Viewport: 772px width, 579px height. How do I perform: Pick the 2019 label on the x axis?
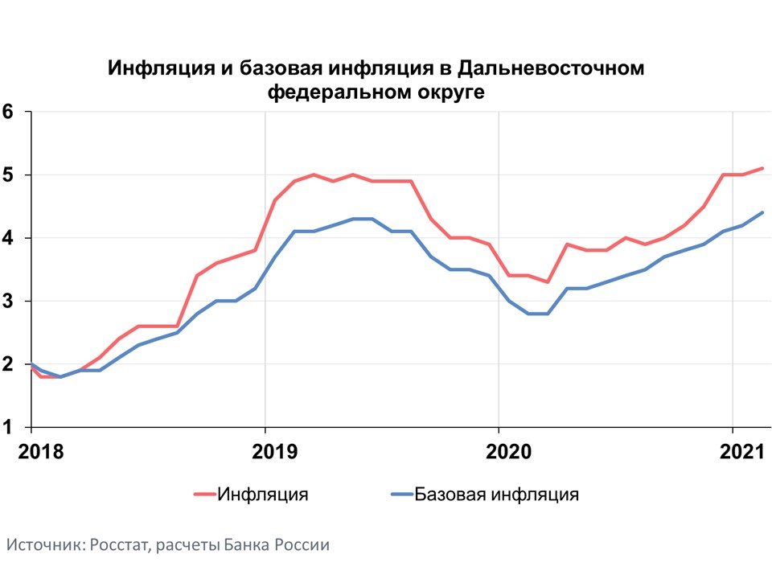click(x=265, y=451)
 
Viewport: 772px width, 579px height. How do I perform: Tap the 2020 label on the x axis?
click(x=499, y=451)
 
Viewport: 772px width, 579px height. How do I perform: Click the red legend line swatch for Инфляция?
click(x=204, y=495)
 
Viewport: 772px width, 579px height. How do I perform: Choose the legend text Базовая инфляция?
click(x=497, y=494)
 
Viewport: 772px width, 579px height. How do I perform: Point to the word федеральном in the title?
click(x=331, y=92)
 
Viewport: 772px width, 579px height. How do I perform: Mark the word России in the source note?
click(x=301, y=544)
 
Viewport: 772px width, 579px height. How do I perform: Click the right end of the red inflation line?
click(x=762, y=168)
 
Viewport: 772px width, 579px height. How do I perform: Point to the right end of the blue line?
click(x=762, y=212)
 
